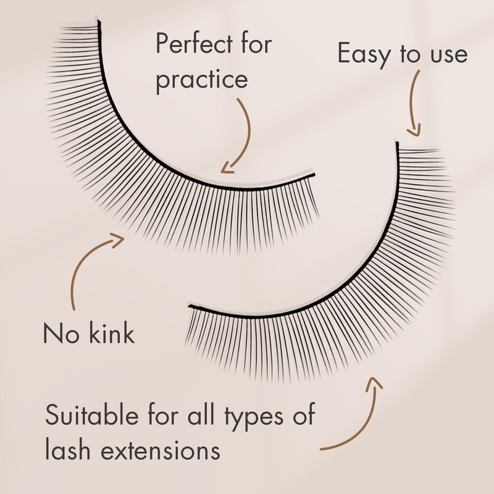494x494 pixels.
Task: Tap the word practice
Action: click(x=201, y=82)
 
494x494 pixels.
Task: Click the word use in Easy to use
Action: click(x=443, y=56)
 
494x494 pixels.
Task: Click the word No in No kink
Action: click(x=59, y=334)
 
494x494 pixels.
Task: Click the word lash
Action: click(x=66, y=450)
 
